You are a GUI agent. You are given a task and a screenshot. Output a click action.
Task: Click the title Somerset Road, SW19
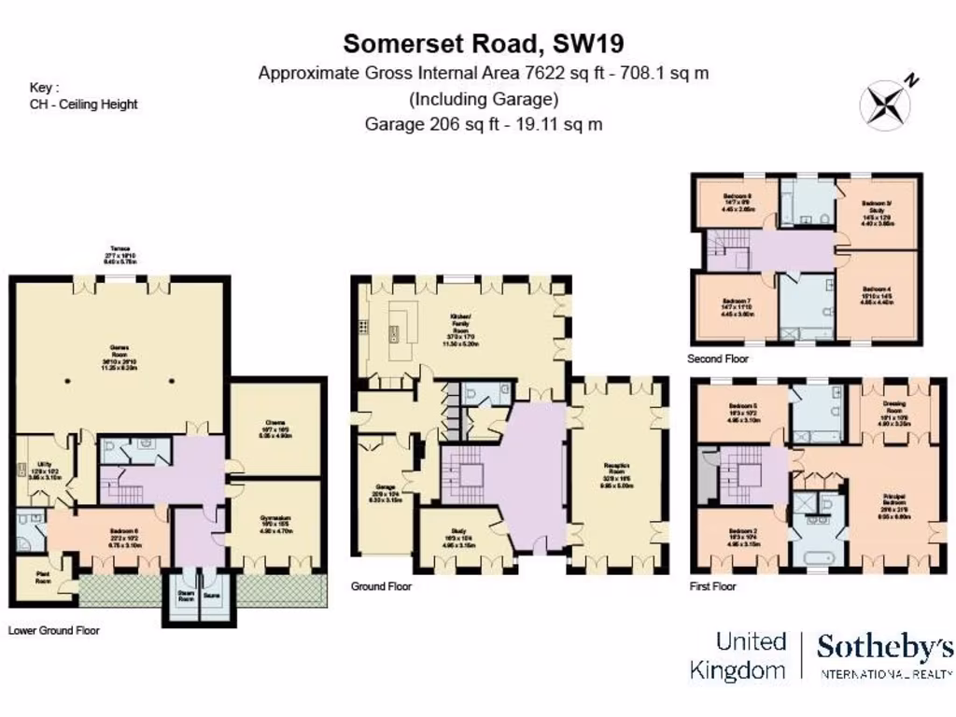pos(484,43)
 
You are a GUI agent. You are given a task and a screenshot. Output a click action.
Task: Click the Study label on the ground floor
pos(463,534)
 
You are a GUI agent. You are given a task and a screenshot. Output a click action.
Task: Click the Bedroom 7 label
pos(735,302)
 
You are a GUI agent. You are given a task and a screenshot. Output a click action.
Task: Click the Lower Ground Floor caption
pos(53,630)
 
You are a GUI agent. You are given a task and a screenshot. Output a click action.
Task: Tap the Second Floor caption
pos(717,358)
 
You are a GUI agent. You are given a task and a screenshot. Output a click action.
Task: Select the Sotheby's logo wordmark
pos(885,648)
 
